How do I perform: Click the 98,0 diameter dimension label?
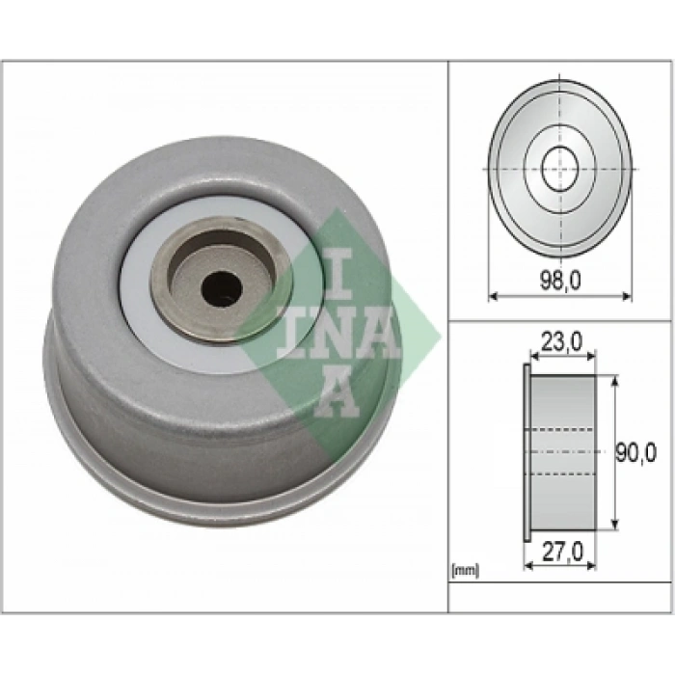560,281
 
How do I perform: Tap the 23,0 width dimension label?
561,342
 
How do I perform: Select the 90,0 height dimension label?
635,453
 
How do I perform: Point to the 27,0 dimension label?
562,552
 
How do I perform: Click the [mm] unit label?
465,571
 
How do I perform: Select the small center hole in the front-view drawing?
559,169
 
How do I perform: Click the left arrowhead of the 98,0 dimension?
494,296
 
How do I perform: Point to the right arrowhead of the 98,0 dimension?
627,296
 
